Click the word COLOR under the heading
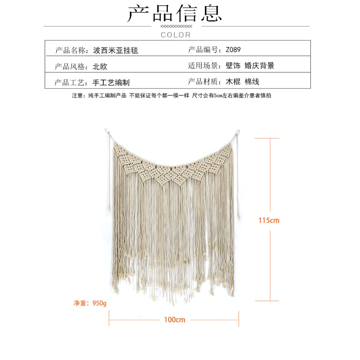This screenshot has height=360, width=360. [176, 35]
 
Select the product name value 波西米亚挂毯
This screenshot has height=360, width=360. [116, 50]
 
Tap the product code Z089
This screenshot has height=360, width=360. [233, 50]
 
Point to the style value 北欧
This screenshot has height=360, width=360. [100, 67]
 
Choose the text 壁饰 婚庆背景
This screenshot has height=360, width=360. [250, 66]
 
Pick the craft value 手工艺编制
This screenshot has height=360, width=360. [111, 82]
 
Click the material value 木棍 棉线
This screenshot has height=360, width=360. [242, 82]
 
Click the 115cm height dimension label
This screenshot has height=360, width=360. [269, 220]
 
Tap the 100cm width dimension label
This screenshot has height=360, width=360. [174, 319]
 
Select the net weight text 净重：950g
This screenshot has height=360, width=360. [90, 303]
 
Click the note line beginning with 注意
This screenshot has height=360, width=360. [172, 96]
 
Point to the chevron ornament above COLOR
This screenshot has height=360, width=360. [176, 27]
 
